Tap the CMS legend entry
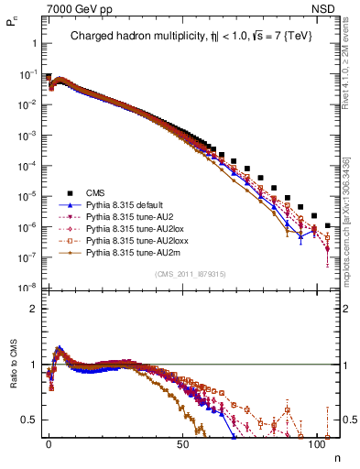[x=96, y=192]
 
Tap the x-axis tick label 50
[x=183, y=442]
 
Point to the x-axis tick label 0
[x=49, y=442]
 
